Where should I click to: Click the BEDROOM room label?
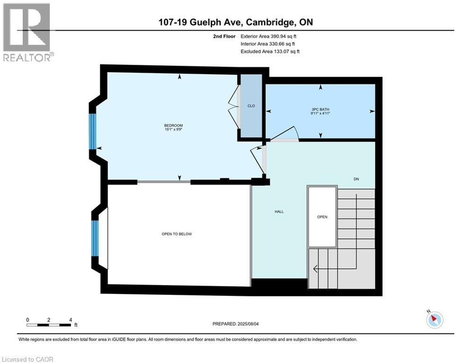[x=174, y=125]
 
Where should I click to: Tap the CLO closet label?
[x=251, y=106]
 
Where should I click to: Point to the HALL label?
[x=279, y=211]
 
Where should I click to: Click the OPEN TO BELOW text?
[x=176, y=234]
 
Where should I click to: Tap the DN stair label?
[x=356, y=179]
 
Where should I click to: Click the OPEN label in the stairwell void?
[x=322, y=217]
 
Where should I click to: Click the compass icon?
[x=434, y=320]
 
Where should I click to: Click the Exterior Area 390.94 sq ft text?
[x=270, y=36]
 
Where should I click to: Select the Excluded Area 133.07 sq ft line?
[x=270, y=51]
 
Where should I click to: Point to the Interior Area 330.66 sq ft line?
[x=269, y=43]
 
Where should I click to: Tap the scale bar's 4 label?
[x=71, y=320]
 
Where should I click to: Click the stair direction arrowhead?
[x=315, y=268]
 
